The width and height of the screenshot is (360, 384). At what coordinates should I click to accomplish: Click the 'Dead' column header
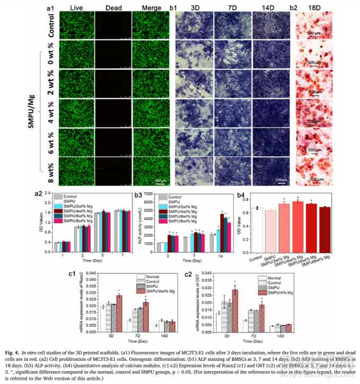(x=113, y=8)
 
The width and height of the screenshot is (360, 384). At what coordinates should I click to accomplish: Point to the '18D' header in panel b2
(x=317, y=8)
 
